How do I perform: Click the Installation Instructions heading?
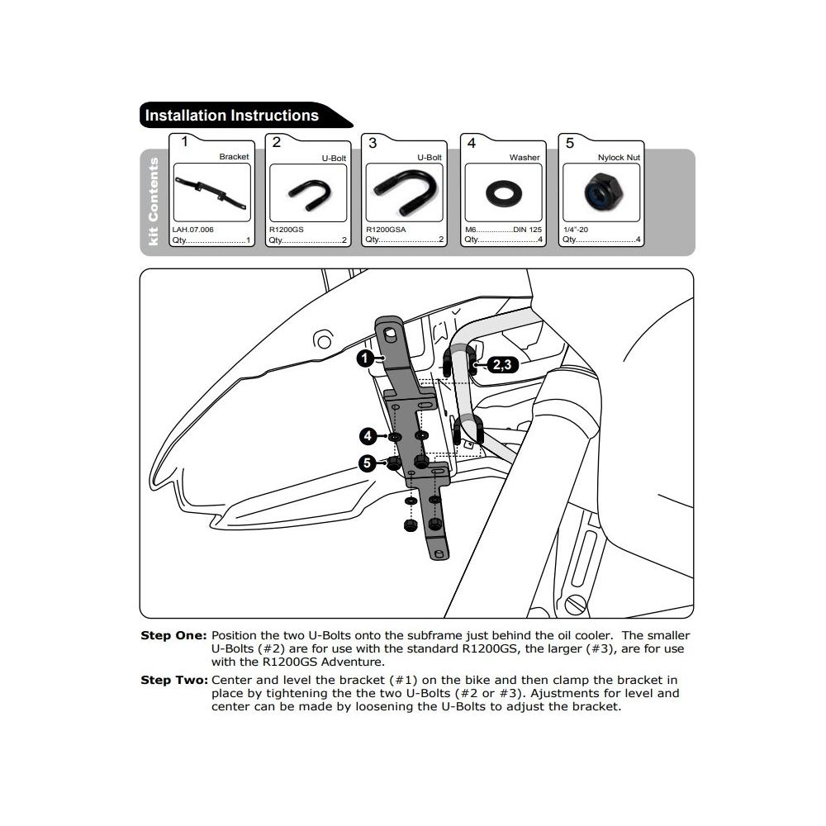point(232,116)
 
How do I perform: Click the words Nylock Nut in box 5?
point(619,157)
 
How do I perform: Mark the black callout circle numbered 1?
point(363,358)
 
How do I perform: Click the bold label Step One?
point(173,636)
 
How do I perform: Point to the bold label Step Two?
point(173,681)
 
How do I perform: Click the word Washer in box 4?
point(524,157)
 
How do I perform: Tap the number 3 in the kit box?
point(373,143)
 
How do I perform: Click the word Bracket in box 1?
point(234,157)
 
